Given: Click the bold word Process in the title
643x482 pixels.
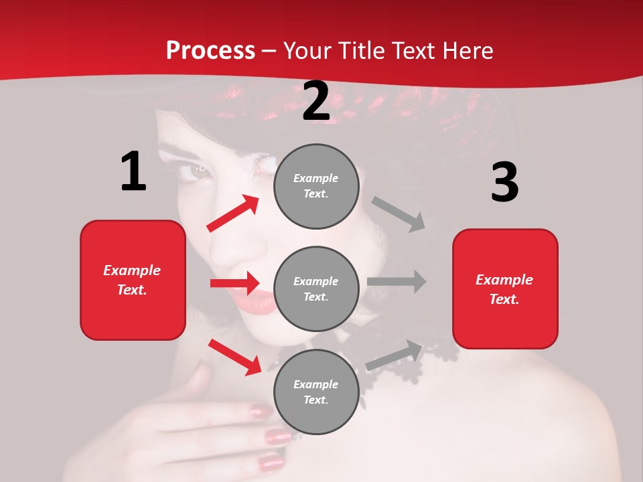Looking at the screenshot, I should [x=210, y=50].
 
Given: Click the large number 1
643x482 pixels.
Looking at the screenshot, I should [x=133, y=172].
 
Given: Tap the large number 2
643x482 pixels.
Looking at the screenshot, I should [x=315, y=101].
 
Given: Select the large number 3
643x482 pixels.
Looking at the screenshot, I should [x=504, y=183].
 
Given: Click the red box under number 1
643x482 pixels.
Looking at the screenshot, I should [x=133, y=280].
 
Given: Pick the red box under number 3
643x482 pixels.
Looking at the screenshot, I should [x=505, y=289].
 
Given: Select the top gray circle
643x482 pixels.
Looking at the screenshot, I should [x=316, y=186].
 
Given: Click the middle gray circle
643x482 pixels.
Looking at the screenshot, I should [x=316, y=289].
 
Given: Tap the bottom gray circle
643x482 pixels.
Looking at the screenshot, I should [x=316, y=392].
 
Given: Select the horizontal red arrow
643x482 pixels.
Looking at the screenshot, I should [x=234, y=283].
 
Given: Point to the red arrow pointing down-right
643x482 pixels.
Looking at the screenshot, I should [x=234, y=357].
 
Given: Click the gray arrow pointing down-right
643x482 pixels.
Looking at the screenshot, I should [x=399, y=214].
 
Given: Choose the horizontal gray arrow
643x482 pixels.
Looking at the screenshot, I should [x=397, y=282].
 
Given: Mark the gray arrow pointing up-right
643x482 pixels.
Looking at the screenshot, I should [x=394, y=355].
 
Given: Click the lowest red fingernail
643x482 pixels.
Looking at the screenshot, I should [x=271, y=462].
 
